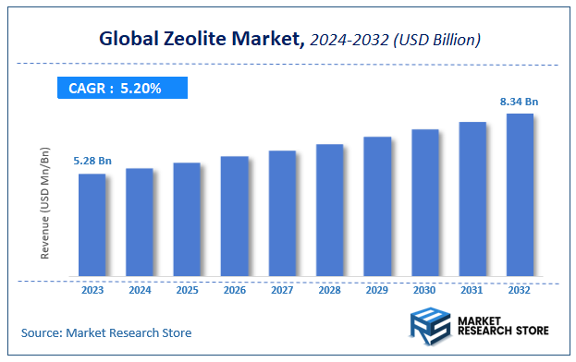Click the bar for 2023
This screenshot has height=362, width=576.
tap(92, 224)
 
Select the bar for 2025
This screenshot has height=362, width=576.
tap(187, 219)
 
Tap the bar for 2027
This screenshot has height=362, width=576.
tap(282, 213)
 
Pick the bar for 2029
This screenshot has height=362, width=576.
tap(377, 206)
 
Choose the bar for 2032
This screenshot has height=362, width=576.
tap(520, 195)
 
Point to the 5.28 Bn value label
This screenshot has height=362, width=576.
tap(92, 162)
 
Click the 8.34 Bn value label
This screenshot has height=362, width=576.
tap(519, 102)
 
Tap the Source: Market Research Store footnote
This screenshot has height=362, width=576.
tap(106, 332)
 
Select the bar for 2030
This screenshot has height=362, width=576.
tap(424, 202)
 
